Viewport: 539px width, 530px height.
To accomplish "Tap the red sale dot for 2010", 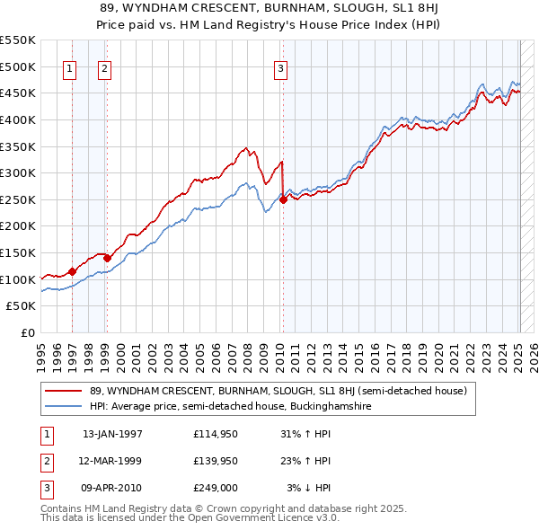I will [x=283, y=200].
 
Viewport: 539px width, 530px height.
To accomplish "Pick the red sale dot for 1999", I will [x=107, y=258].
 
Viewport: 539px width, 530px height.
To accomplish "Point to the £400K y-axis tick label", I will [x=18, y=119].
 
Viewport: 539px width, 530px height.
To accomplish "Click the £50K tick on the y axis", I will [x=22, y=306].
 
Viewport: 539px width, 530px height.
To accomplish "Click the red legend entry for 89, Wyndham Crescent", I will [x=278, y=391].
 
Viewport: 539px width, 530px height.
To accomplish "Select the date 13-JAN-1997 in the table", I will [x=112, y=434].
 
